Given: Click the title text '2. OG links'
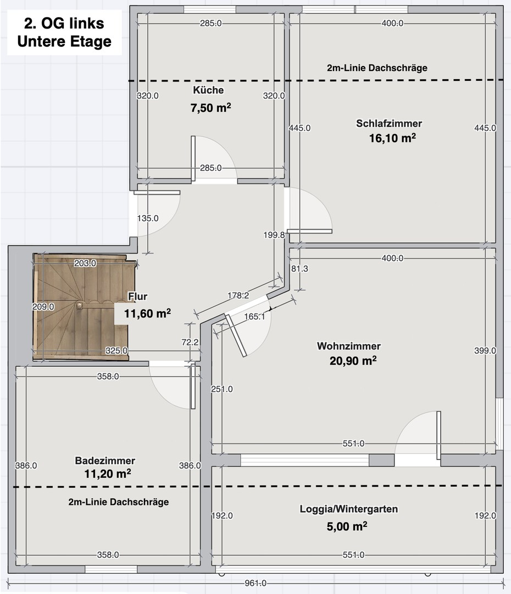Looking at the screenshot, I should click(x=64, y=24).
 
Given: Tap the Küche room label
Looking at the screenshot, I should click(x=208, y=90).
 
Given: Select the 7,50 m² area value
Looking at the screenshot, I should click(x=210, y=108).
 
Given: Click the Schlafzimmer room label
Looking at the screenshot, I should click(x=389, y=123).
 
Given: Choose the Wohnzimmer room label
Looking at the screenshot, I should click(x=348, y=346).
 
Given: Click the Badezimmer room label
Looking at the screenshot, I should click(x=105, y=460).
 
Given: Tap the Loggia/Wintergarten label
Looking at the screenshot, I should click(x=348, y=509).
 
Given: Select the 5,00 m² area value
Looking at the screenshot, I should click(x=347, y=526).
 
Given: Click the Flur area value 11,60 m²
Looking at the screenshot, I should click(x=143, y=314).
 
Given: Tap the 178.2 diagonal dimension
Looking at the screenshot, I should click(x=238, y=295).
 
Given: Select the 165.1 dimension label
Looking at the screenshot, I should click(x=254, y=316).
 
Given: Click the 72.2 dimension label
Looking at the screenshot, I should click(x=190, y=342).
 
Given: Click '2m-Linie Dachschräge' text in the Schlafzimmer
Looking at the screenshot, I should click(x=376, y=68).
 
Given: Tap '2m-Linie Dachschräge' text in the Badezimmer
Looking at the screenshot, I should click(x=119, y=502).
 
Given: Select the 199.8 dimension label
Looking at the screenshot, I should click(x=274, y=235).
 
